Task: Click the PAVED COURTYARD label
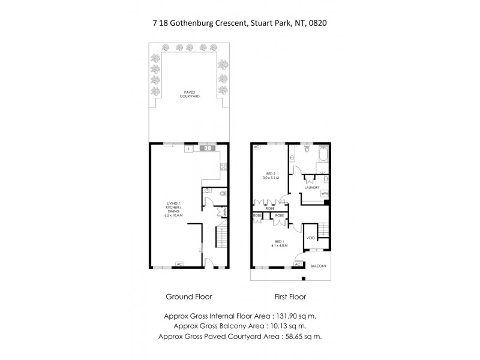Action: point(191,95)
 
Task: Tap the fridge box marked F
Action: point(188,148)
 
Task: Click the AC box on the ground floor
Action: point(179,264)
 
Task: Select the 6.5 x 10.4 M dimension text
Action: point(174,215)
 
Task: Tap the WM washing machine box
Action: point(324,194)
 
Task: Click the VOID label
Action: point(310,238)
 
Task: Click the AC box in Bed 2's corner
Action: point(256,147)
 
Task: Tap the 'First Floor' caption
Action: point(290,296)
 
